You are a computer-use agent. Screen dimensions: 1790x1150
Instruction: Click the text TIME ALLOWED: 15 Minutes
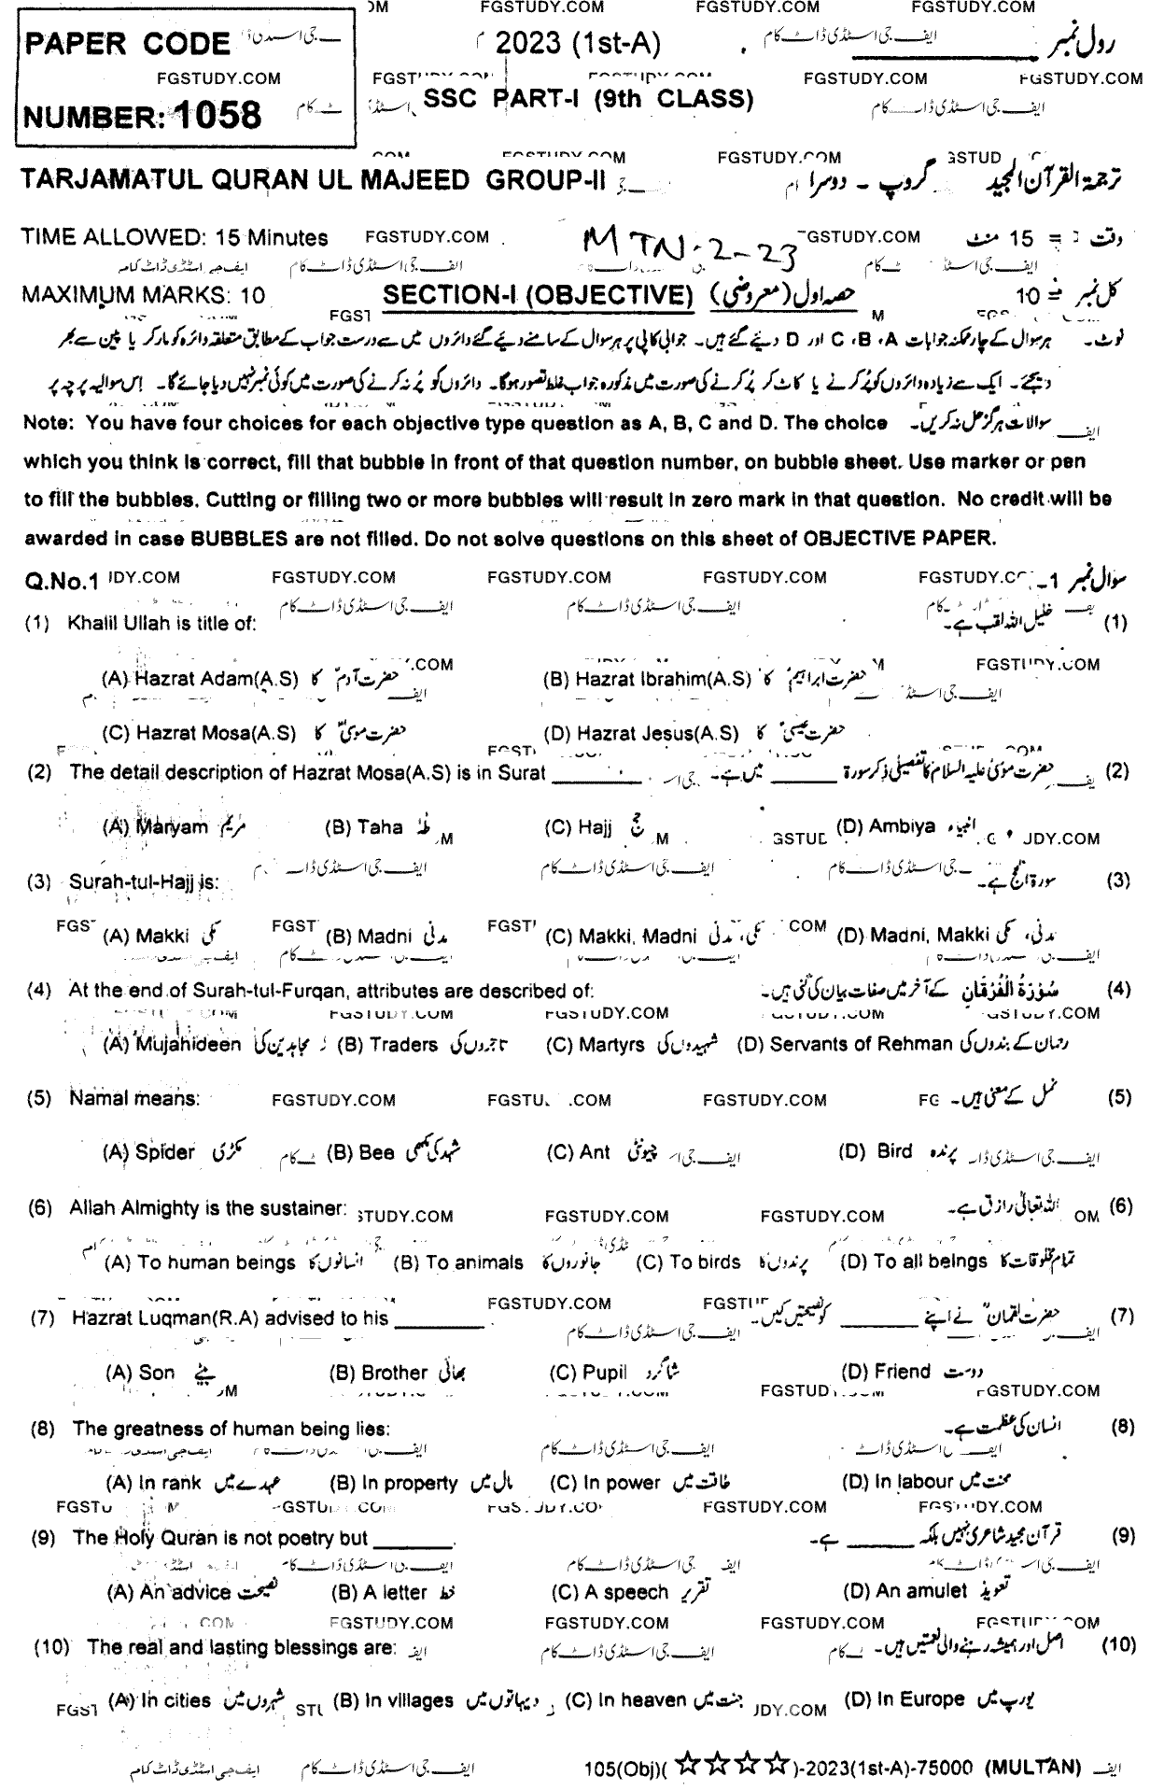[x=175, y=238]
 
